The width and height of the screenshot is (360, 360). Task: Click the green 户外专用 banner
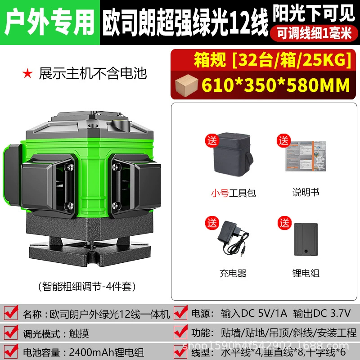point(50,22)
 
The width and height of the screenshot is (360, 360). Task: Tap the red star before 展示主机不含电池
point(27,74)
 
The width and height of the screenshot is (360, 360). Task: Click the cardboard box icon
point(186,85)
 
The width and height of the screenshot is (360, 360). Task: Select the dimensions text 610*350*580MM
point(276,85)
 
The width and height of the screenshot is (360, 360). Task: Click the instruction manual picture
point(306,156)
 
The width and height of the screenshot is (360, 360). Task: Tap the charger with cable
point(233,238)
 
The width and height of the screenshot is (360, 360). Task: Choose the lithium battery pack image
point(306,239)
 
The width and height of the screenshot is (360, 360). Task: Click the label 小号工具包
point(233,193)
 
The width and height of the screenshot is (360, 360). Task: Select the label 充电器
point(233,273)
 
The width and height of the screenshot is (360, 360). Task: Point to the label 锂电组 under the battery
point(306,273)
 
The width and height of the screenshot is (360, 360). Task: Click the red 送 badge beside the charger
point(212,223)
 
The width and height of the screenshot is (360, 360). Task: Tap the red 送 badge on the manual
point(284,141)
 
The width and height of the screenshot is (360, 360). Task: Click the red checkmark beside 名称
point(11,312)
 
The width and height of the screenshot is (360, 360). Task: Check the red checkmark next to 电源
point(181,312)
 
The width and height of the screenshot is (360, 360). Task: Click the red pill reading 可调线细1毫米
point(314,33)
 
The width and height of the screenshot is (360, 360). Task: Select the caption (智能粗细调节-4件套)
point(87,286)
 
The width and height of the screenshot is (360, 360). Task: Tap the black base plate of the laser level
point(90,252)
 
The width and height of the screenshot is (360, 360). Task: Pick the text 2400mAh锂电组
point(107,352)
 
